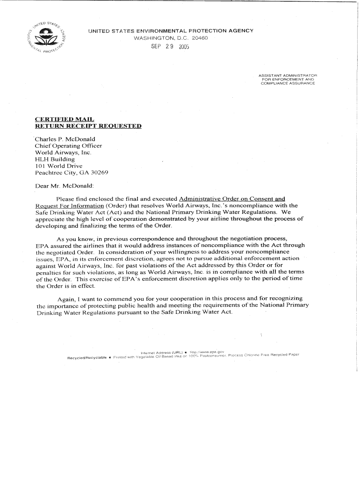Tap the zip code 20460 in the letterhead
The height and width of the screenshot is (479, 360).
tap(198, 37)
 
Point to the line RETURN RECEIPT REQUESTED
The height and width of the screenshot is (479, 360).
tap(88, 126)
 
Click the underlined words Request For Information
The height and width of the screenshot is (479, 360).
tap(69, 206)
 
